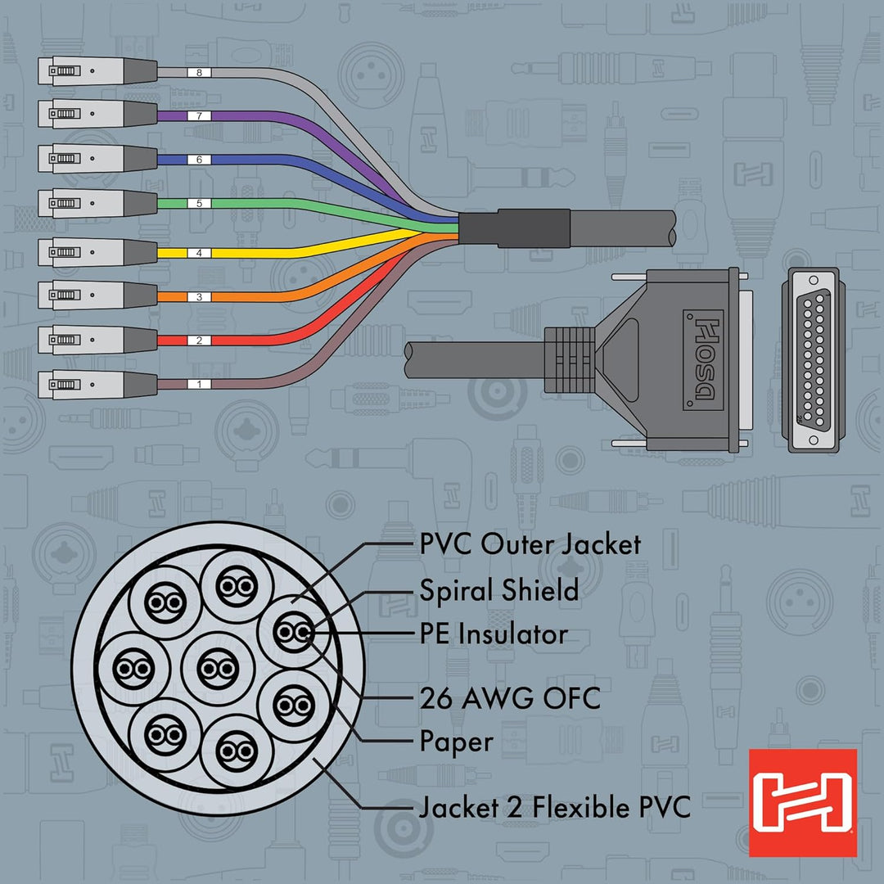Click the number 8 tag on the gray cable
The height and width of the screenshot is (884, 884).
coord(199,72)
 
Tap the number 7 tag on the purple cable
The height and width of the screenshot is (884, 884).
coord(199,116)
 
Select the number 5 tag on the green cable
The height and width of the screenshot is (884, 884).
coord(199,204)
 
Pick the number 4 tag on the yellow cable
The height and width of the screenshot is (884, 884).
coord(199,253)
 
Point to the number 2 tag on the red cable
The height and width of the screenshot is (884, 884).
coord(199,341)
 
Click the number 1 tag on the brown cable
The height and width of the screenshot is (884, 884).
coord(199,385)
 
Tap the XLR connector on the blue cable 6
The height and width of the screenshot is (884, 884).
coord(97,159)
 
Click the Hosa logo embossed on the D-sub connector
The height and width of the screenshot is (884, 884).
coord(703,359)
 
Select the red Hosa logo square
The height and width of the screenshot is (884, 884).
coord(803,803)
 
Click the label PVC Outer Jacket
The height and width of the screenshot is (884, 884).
coord(530,545)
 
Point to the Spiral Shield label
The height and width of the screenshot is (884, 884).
coord(499,590)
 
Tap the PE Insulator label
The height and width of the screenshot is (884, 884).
coord(494,634)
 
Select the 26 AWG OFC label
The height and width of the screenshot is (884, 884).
coord(510,698)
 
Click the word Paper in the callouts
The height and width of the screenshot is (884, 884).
coord(457,742)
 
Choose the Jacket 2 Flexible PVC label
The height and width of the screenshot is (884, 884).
coord(555,807)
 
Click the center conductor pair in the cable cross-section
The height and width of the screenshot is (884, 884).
coord(219,669)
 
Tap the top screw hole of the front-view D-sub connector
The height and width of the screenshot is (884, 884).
coord(814,280)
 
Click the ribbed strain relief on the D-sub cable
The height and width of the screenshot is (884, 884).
coord(570,359)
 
